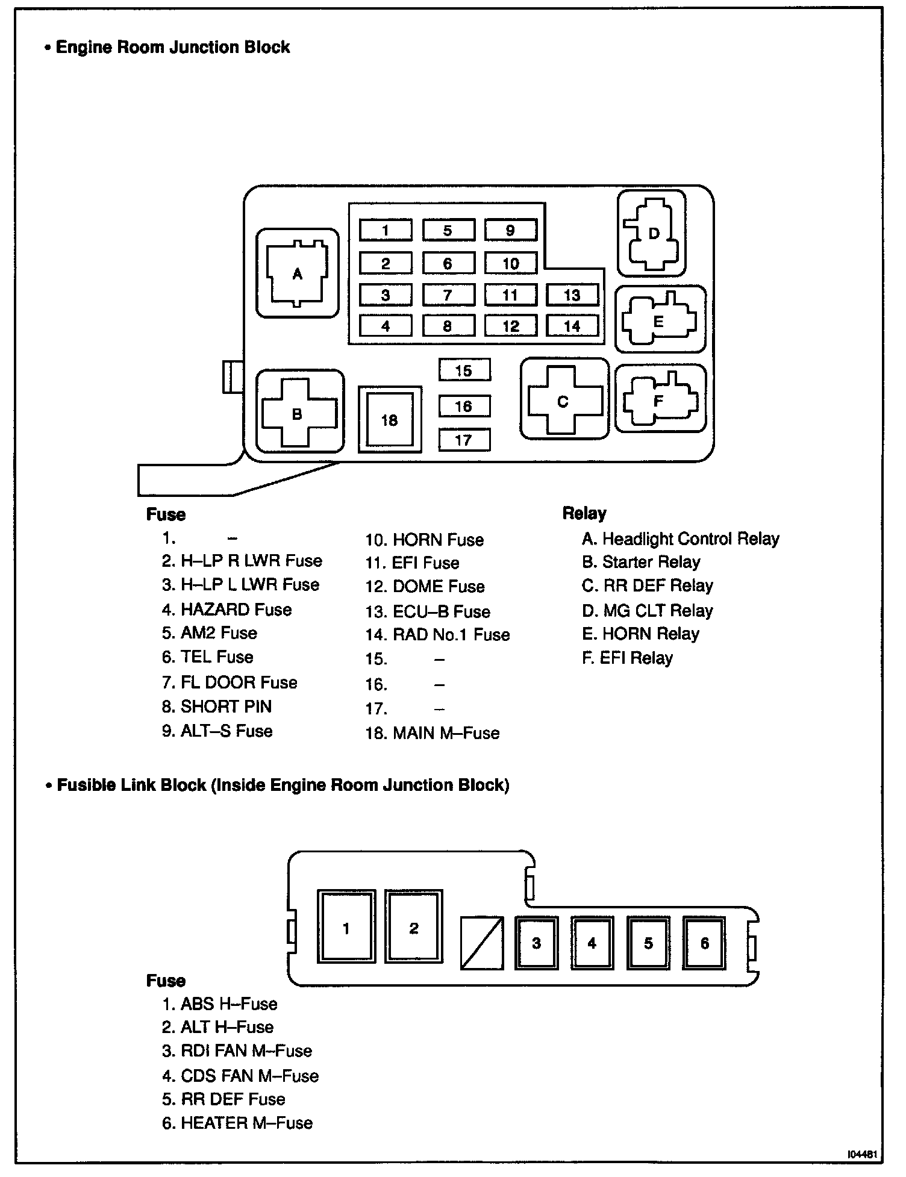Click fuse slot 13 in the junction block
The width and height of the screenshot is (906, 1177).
tap(572, 295)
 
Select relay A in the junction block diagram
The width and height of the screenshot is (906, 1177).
tap(297, 274)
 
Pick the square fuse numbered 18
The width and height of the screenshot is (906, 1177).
tap(390, 420)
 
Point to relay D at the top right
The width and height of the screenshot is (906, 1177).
tap(652, 234)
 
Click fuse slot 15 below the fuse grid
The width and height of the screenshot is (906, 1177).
tap(464, 370)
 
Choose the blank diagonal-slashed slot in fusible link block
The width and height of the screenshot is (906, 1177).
tap(481, 943)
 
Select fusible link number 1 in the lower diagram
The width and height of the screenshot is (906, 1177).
tap(346, 928)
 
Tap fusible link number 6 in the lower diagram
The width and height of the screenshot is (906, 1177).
tap(704, 943)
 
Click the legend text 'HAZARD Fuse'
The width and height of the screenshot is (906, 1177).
tap(236, 610)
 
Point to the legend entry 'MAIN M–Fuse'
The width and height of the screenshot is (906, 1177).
tap(446, 733)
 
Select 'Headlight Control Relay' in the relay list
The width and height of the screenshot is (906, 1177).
tap(690, 539)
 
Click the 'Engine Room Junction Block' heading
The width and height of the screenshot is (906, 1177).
tap(172, 48)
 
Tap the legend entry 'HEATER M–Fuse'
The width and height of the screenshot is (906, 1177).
tap(246, 1123)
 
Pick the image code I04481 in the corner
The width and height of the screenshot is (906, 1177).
tap(864, 1155)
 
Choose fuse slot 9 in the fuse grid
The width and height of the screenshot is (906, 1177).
tap(510, 230)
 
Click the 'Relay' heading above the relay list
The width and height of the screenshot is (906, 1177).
tap(584, 513)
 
